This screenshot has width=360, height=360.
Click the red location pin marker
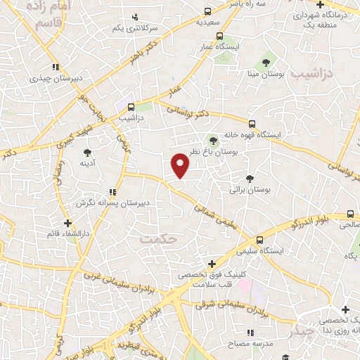click(181, 166)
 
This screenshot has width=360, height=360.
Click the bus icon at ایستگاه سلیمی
click(259, 239)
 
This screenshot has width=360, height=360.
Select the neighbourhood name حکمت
click(155, 239)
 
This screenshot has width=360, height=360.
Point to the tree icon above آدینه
click(87, 152)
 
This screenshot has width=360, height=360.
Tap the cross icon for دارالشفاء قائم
click(67, 222)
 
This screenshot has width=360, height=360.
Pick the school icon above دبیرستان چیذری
click(55, 67)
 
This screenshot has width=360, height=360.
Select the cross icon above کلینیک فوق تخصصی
click(212, 263)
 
